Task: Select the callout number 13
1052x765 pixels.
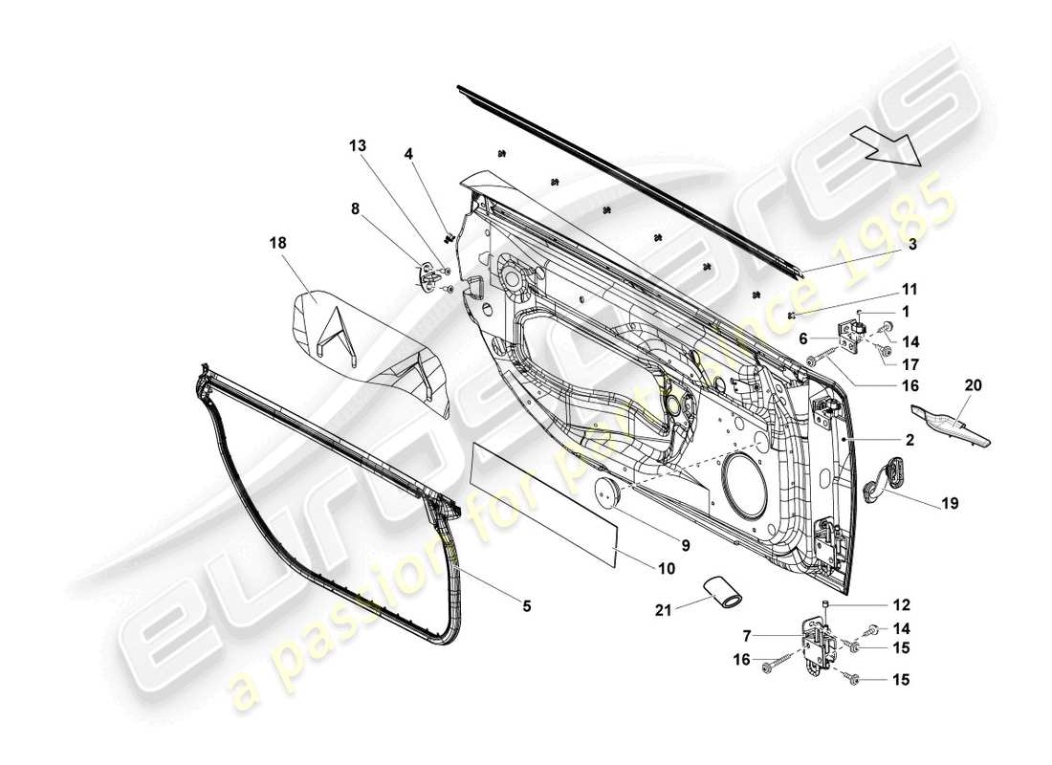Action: [357, 146]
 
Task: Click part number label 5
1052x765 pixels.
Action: [526, 605]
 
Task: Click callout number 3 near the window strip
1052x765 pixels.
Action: [912, 245]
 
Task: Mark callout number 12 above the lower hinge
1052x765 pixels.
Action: [903, 604]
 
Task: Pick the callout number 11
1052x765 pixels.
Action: [909, 288]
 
